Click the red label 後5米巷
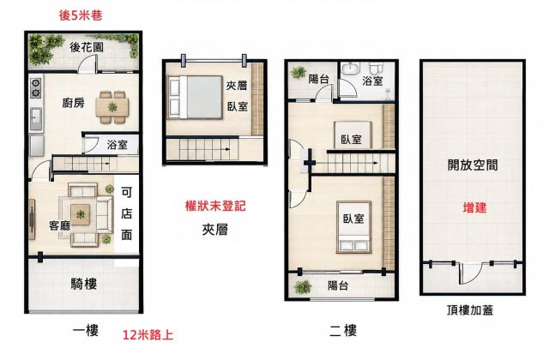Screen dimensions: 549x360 (x=81, y=15)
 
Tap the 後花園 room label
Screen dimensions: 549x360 (x=86, y=47)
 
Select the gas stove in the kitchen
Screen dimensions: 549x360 (x=36, y=87)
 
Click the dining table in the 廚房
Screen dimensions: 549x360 (x=112, y=106)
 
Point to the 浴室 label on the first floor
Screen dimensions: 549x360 (x=117, y=145)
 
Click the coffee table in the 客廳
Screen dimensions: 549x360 (x=80, y=214)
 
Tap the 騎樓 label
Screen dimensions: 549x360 (x=83, y=284)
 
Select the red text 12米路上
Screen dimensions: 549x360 (x=148, y=335)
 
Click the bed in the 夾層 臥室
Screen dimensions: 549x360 (x=195, y=98)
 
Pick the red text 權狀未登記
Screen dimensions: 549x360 (x=215, y=206)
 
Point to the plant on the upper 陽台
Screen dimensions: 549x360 (x=299, y=72)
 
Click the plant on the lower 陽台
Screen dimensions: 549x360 (x=303, y=287)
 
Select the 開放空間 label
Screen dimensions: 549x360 (x=473, y=165)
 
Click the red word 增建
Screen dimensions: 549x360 (x=474, y=207)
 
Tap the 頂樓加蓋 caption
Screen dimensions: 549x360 (x=470, y=310)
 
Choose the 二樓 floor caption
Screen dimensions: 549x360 (x=343, y=331)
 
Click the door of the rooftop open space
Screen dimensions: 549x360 (x=471, y=273)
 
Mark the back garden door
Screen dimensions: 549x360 (x=87, y=63)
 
